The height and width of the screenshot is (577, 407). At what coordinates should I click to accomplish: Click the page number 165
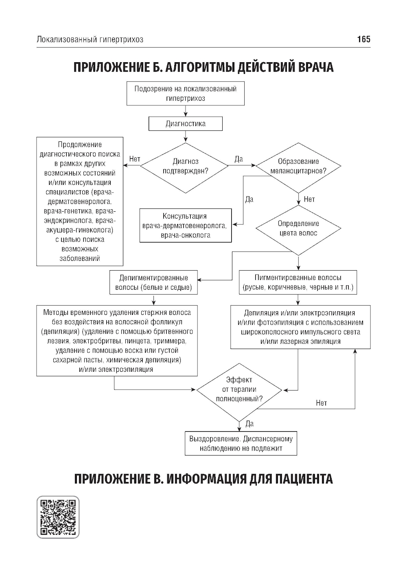click(363, 39)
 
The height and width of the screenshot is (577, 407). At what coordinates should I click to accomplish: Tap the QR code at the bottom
click(58, 517)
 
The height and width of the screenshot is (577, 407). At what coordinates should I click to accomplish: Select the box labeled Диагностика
click(186, 124)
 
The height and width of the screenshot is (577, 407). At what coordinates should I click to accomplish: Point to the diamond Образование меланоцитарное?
click(298, 166)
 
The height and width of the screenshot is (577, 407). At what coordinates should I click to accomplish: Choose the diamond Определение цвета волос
click(298, 228)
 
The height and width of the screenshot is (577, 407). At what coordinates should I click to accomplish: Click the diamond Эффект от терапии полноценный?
click(239, 389)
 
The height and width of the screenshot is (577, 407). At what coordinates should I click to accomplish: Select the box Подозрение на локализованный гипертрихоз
click(186, 93)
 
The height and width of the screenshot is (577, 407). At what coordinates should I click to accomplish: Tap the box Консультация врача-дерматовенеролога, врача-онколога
click(186, 226)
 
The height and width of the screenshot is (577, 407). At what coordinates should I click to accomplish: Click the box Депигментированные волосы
click(153, 283)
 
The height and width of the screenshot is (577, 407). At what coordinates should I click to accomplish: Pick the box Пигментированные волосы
click(298, 283)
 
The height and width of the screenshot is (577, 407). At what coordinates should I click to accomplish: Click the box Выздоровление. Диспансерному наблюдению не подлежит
click(241, 443)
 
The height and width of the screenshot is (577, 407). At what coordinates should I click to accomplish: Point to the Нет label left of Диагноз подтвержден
click(134, 159)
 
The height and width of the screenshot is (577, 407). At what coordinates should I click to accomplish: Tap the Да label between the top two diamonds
click(239, 159)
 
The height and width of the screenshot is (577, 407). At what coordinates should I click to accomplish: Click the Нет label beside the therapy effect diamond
click(321, 403)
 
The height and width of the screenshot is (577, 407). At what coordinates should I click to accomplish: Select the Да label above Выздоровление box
click(249, 423)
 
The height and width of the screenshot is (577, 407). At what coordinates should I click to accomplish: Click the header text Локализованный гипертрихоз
click(90, 39)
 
